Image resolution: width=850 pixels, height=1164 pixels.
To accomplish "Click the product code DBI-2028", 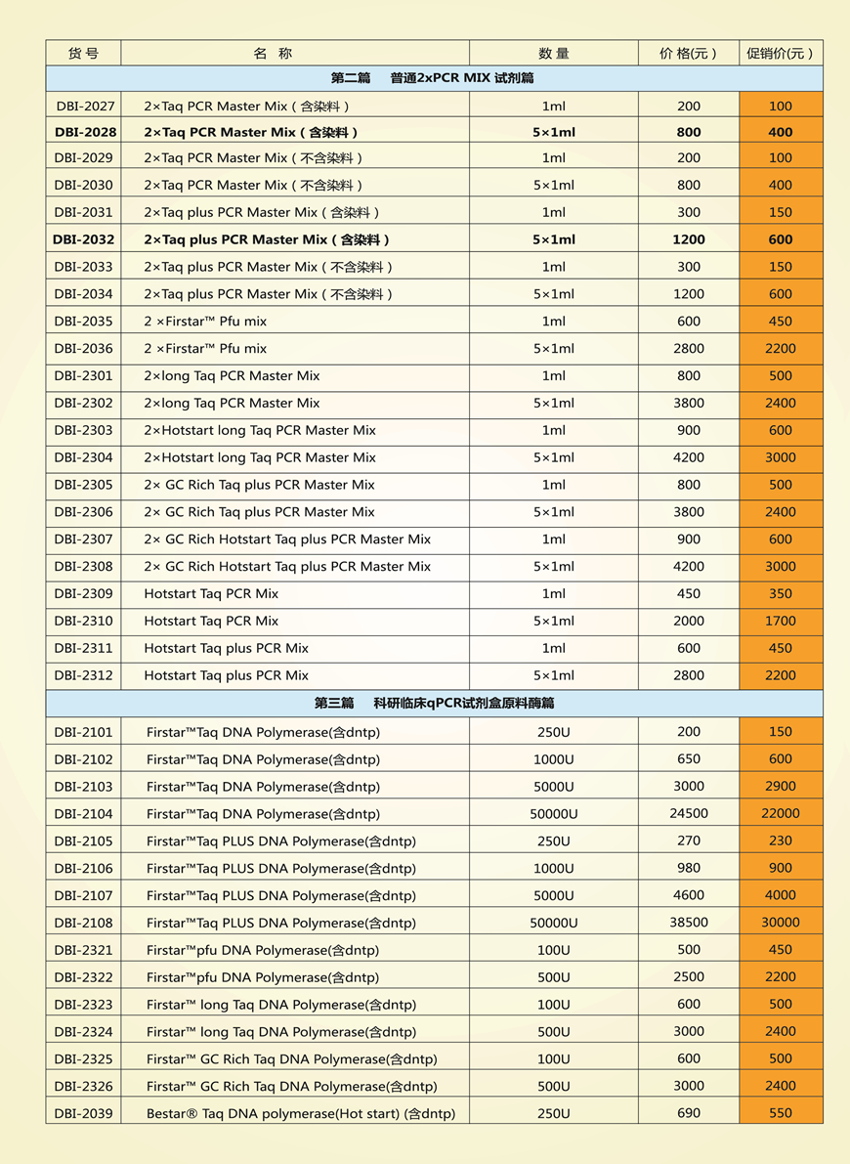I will pyautogui.click(x=84, y=132).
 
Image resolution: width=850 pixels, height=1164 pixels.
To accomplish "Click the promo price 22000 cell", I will pyautogui.click(x=780, y=813).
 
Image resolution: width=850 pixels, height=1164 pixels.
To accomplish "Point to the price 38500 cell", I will pyautogui.click(x=689, y=923).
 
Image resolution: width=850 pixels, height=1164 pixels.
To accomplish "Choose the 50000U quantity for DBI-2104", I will pyautogui.click(x=553, y=813).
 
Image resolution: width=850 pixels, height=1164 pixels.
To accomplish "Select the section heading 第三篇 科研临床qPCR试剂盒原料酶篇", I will pyautogui.click(x=434, y=703).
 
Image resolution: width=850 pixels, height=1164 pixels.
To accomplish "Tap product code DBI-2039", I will pyautogui.click(x=84, y=1113).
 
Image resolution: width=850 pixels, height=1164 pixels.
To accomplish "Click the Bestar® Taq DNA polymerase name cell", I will pyautogui.click(x=300, y=1113).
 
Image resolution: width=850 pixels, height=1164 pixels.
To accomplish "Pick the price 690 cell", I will pyautogui.click(x=689, y=1113).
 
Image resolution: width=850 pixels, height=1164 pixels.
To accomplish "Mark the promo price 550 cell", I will pyautogui.click(x=780, y=1113).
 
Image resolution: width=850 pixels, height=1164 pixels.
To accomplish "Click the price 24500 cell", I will pyautogui.click(x=689, y=813).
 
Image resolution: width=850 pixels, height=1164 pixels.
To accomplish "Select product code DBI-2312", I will pyautogui.click(x=84, y=675).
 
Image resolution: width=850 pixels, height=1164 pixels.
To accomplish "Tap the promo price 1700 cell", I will pyautogui.click(x=780, y=621).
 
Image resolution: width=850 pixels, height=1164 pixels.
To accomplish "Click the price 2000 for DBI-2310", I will pyautogui.click(x=689, y=621).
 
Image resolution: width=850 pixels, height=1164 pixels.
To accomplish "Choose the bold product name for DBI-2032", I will pyautogui.click(x=267, y=239).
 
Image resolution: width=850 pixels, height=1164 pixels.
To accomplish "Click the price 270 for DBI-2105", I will pyautogui.click(x=689, y=841).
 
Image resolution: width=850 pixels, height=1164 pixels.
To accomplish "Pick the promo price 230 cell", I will pyautogui.click(x=780, y=841).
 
